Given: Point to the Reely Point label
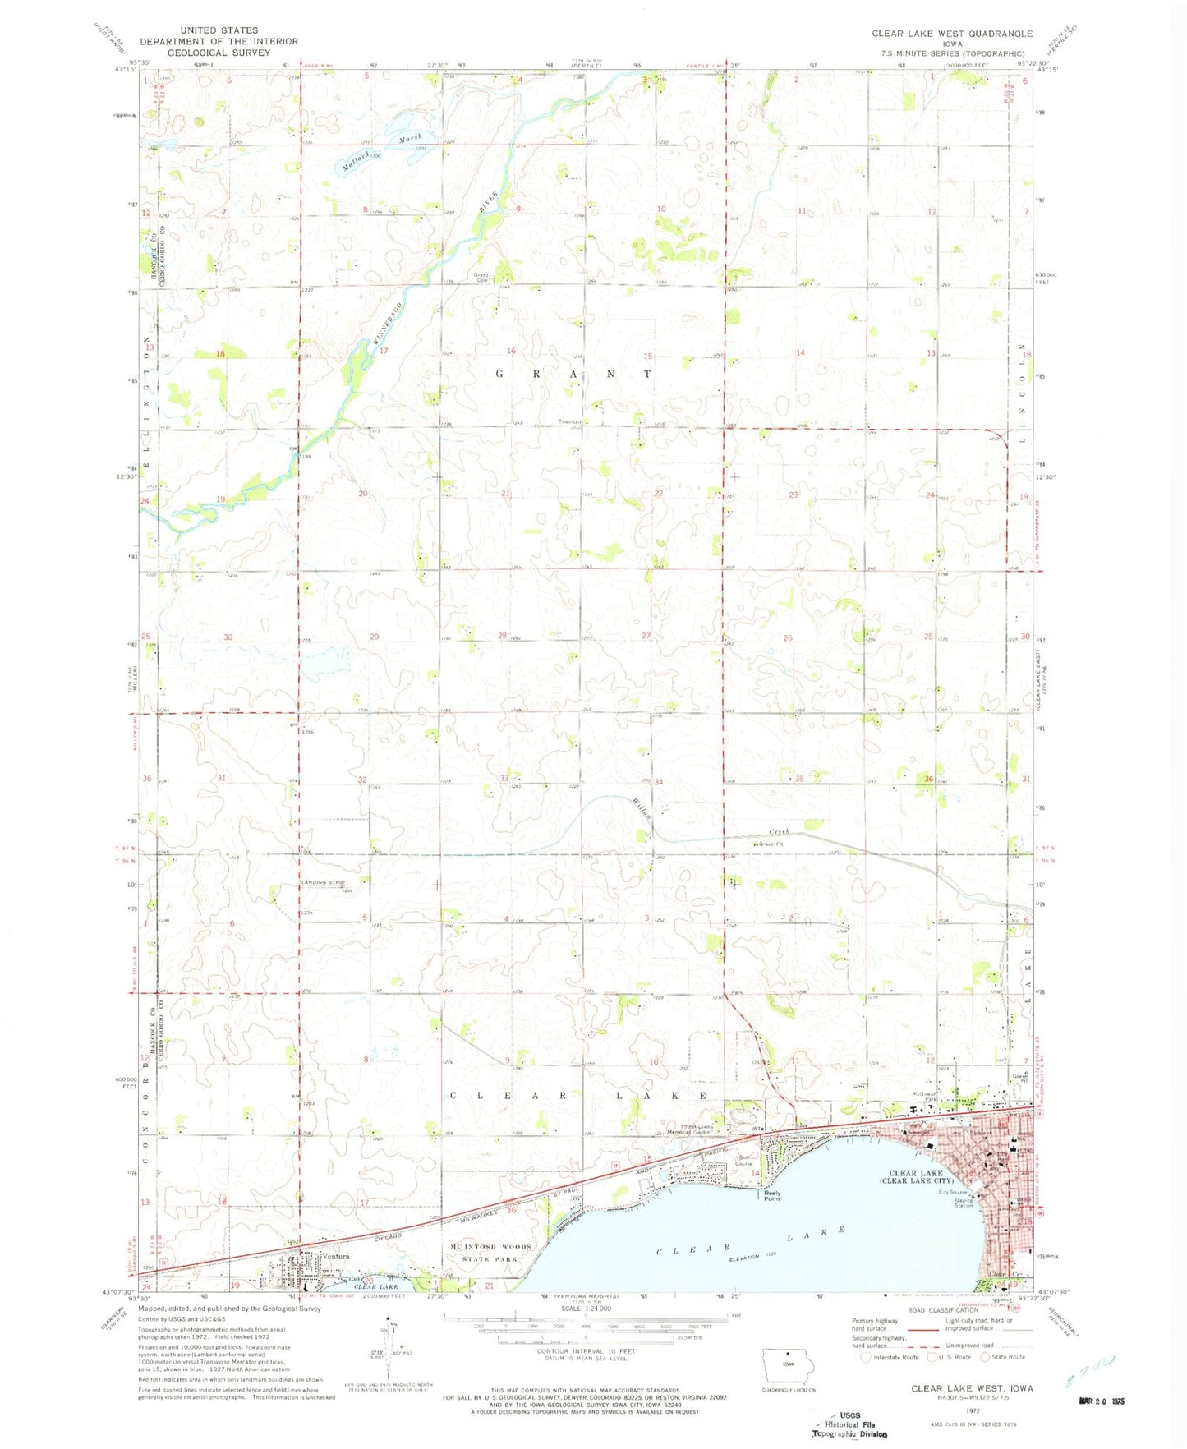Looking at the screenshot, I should pyautogui.click(x=772, y=1196).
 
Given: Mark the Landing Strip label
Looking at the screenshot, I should pyautogui.click(x=323, y=883).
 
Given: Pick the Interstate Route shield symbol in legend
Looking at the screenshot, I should pyautogui.click(x=865, y=1358).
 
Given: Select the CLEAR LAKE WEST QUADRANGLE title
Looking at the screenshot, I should pyautogui.click(x=952, y=34).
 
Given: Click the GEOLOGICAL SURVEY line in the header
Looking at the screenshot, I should pyautogui.click(x=219, y=52).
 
